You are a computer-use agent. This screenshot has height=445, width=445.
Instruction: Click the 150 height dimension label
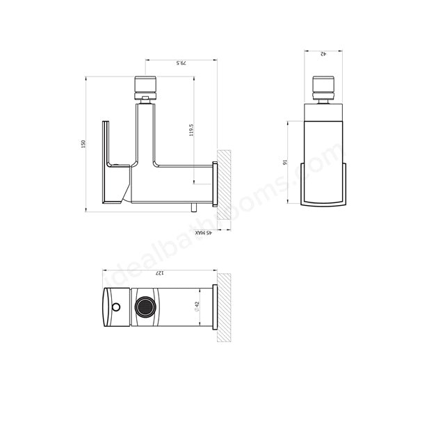(x=83, y=144)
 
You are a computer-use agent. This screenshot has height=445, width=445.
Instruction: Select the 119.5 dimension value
(x=191, y=130)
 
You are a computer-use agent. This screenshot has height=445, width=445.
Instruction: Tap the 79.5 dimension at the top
(x=181, y=63)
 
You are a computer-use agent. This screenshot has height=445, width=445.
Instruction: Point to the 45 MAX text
(x=203, y=234)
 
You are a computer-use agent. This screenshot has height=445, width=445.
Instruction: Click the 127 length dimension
(x=159, y=273)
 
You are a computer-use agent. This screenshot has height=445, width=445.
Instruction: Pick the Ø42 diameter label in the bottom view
(x=198, y=307)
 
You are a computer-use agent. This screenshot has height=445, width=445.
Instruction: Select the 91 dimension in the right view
(x=285, y=162)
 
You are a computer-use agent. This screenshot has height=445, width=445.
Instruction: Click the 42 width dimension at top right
(x=323, y=54)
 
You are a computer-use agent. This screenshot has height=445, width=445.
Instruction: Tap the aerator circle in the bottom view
(x=145, y=307)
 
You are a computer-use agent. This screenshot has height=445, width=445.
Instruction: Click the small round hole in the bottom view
(x=115, y=307)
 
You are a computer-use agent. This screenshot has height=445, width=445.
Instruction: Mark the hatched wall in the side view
(x=224, y=184)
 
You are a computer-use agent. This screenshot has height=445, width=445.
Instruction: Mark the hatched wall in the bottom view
(x=224, y=307)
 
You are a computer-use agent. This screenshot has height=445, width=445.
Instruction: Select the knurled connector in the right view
(x=323, y=88)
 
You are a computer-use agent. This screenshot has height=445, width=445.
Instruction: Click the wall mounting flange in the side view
(x=215, y=184)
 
